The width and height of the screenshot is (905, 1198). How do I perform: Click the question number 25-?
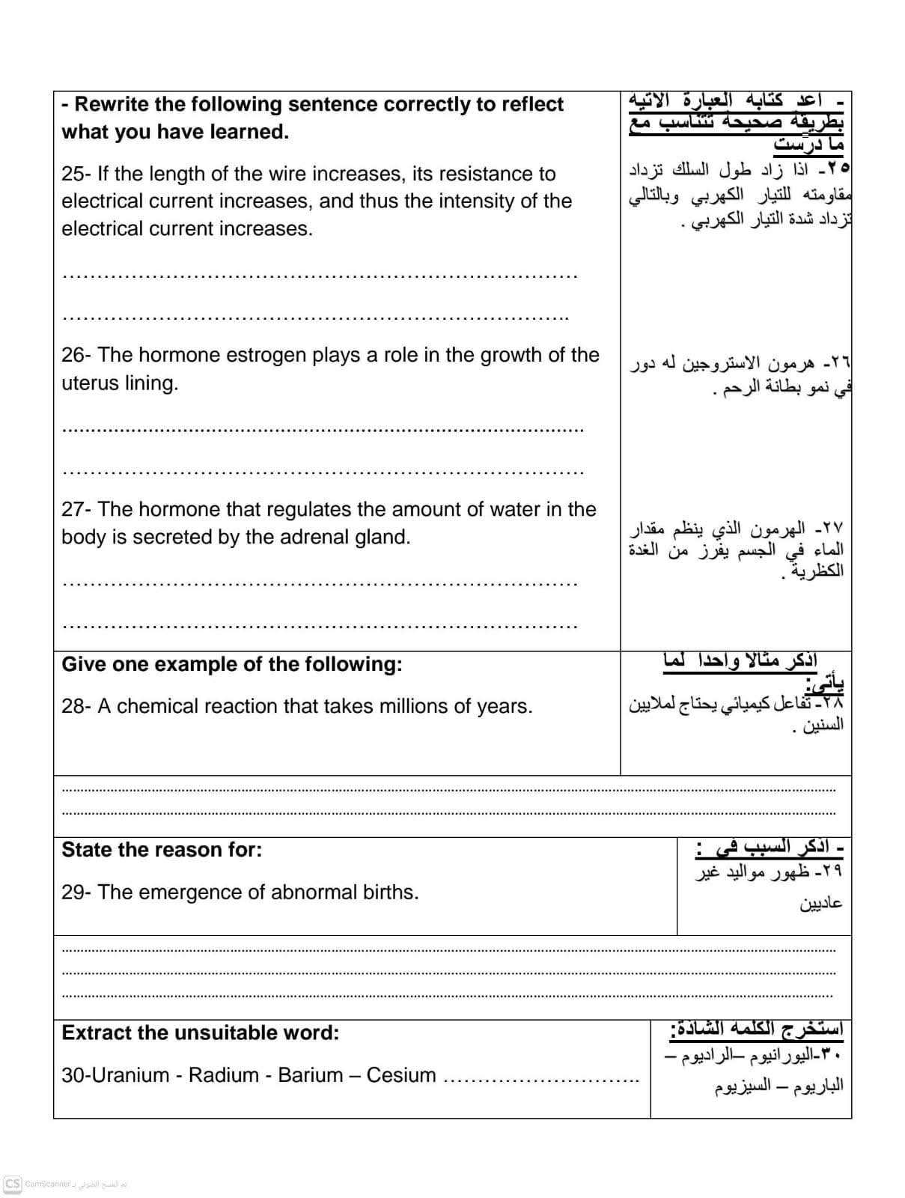76,174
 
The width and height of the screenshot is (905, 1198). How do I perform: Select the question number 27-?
76,509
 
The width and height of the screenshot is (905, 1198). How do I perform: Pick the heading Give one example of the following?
231,664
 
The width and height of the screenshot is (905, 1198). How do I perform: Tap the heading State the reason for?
162,850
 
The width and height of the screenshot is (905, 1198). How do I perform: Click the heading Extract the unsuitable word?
200,1033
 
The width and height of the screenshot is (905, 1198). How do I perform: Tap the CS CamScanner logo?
13,1184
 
